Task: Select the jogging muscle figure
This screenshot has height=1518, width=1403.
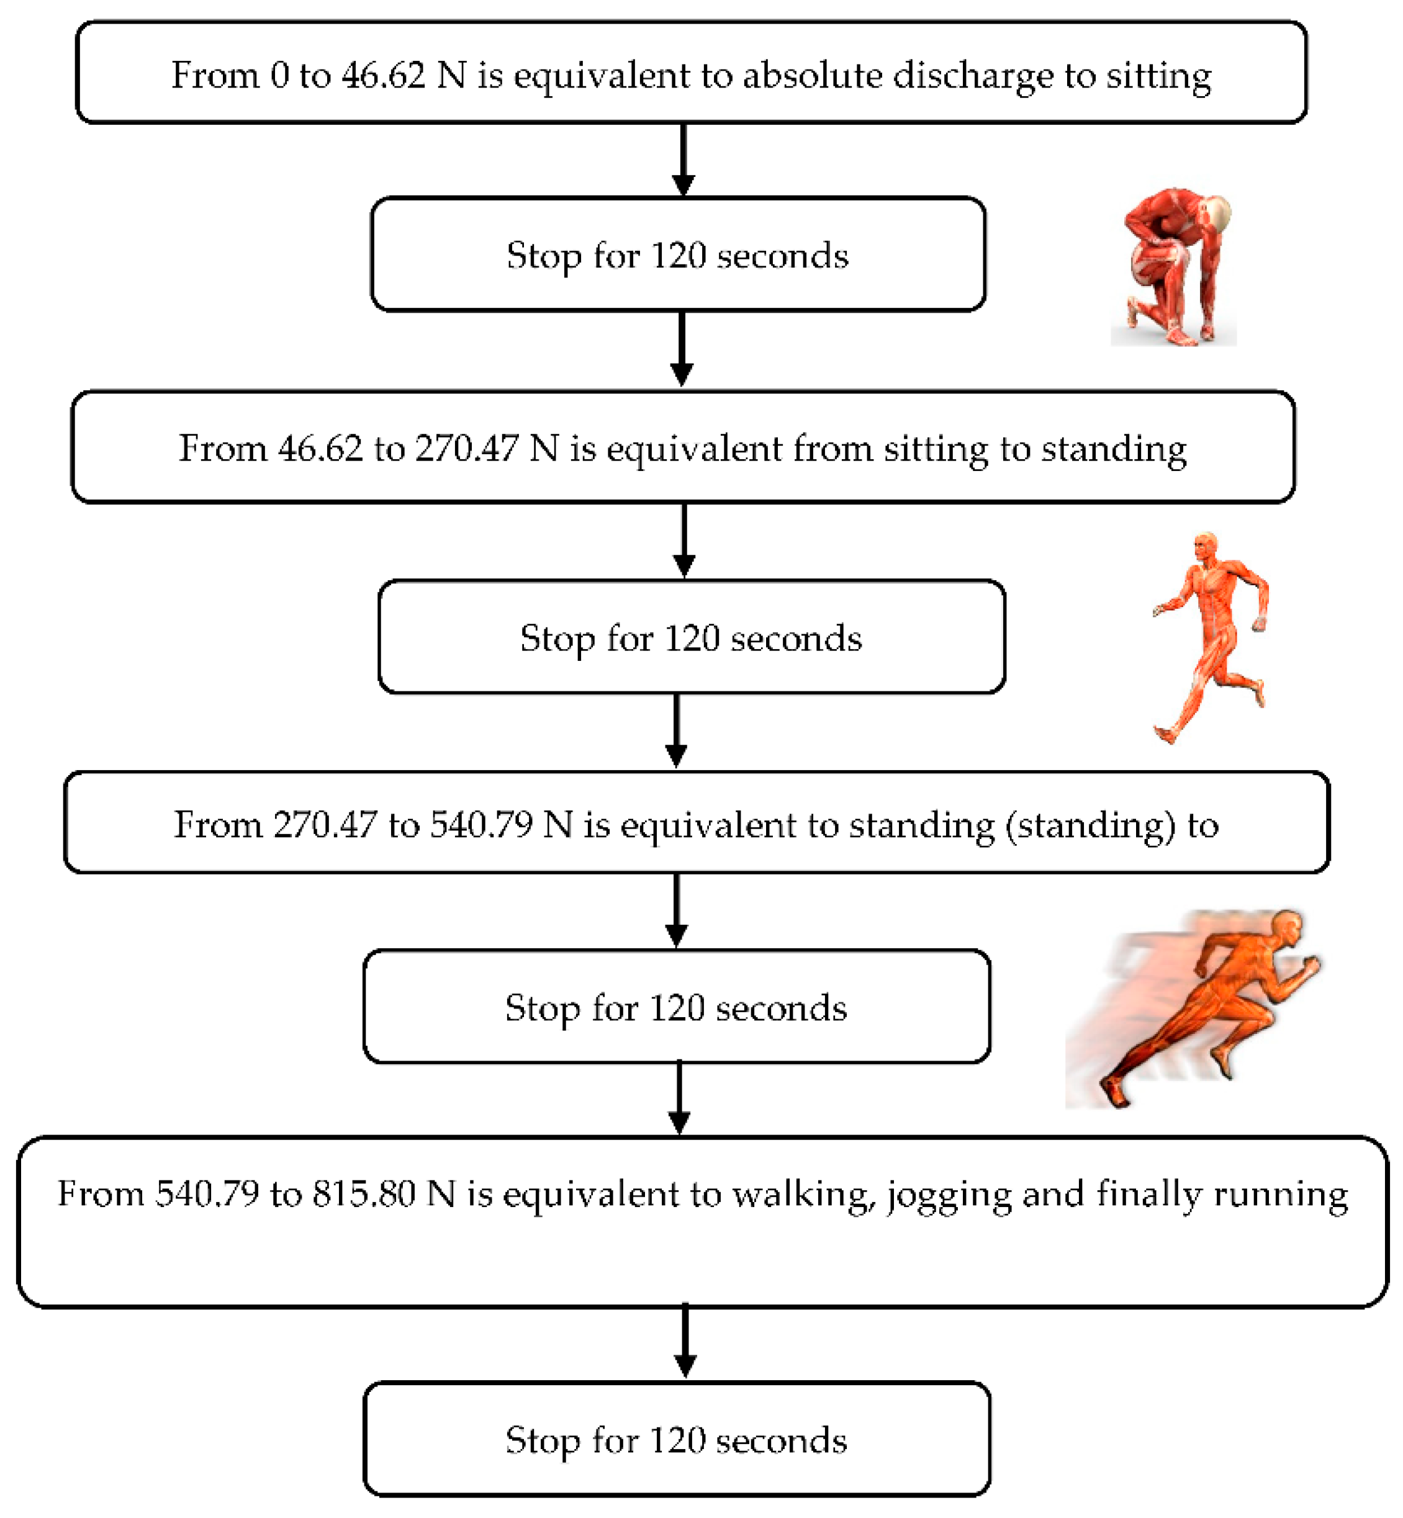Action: tap(1210, 637)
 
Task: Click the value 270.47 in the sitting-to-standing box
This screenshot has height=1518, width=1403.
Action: tap(467, 449)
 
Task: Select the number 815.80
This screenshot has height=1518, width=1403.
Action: tap(364, 1194)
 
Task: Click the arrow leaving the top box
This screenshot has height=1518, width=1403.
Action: tap(683, 159)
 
